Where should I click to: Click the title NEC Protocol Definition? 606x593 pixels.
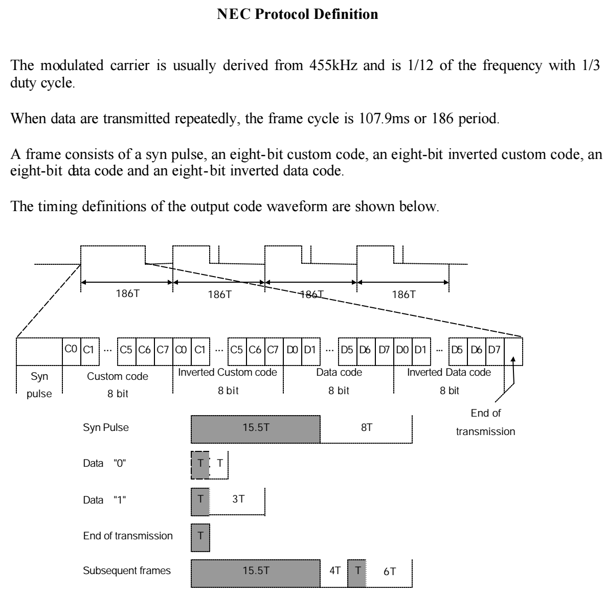tap(298, 14)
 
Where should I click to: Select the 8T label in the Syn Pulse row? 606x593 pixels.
tap(367, 428)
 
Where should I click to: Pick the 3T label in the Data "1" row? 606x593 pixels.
tap(238, 499)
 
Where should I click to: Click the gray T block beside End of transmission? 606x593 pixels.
tap(200, 536)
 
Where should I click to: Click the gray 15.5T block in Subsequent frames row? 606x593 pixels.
tap(256, 572)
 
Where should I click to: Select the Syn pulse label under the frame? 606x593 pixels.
tap(39, 385)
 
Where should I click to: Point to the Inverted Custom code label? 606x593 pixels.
tap(228, 372)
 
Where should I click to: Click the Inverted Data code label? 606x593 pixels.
tap(449, 372)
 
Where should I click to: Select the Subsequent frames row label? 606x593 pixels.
tap(127, 571)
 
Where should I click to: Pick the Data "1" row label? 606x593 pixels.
tap(104, 500)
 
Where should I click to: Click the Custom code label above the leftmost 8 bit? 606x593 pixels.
tap(118, 376)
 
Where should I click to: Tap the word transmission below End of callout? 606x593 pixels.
tap(485, 431)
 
